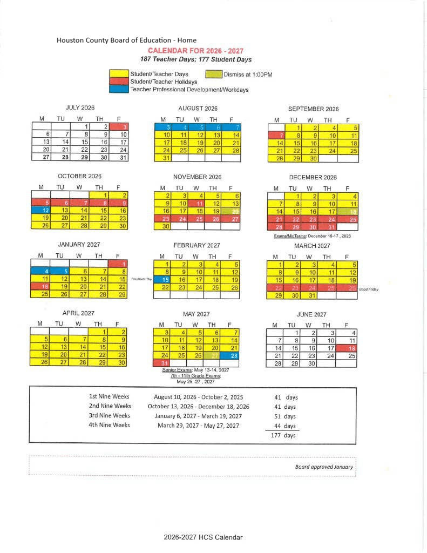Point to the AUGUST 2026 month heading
click(198, 109)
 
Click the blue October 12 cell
click(41, 210)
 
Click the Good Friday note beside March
click(368, 289)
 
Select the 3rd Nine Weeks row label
click(110, 415)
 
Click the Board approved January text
click(324, 467)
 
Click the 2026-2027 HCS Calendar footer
click(204, 537)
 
